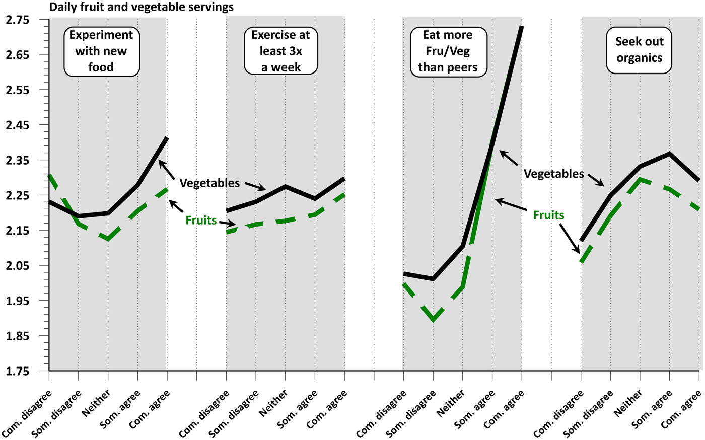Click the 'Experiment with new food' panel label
click(101, 51)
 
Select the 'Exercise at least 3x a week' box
click(281, 51)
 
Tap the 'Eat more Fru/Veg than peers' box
click(448, 51)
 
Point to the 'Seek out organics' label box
click(640, 50)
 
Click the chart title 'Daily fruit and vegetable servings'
click(141, 7)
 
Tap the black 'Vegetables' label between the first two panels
click(209, 183)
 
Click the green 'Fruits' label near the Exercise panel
click(201, 220)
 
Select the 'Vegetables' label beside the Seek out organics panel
click(553, 174)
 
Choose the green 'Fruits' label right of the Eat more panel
click(548, 215)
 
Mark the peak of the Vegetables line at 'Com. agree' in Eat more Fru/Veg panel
click(522, 27)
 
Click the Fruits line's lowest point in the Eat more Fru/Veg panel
click(433, 319)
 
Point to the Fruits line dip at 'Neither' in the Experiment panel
click(108, 239)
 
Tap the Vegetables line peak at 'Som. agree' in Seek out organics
click(669, 153)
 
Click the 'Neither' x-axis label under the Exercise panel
click(274, 402)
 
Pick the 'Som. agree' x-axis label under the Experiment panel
click(123, 405)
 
